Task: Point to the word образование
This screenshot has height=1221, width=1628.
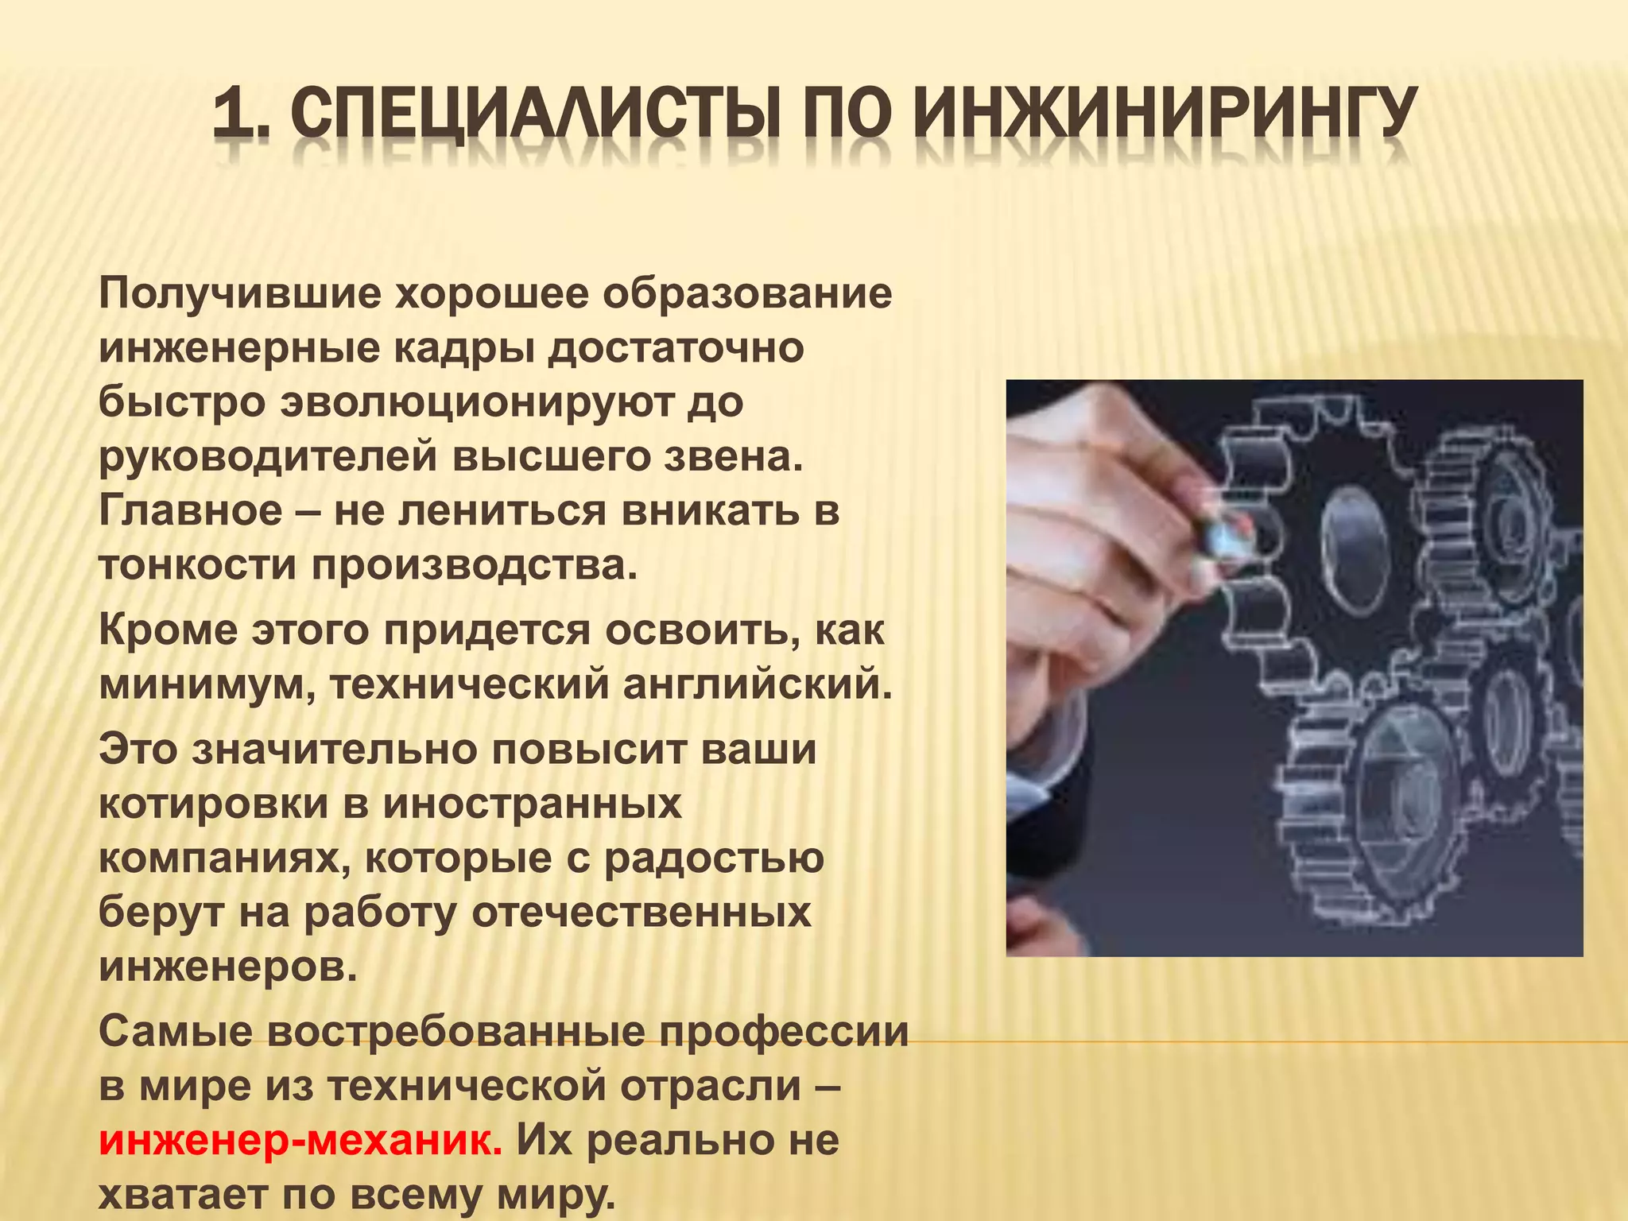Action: tap(746, 294)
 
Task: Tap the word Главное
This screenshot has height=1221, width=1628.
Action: tap(191, 510)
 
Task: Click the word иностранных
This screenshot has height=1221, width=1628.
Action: tap(532, 804)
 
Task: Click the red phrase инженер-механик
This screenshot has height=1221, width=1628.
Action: tap(300, 1142)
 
